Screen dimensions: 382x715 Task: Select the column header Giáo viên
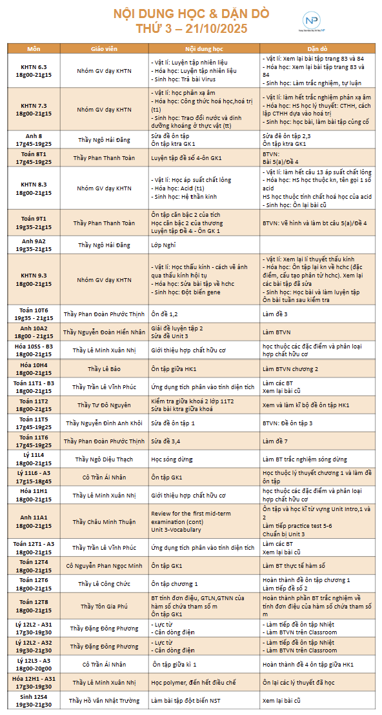(x=104, y=48)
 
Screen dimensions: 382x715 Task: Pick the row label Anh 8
(x=34, y=139)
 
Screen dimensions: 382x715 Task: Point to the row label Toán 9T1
(x=34, y=223)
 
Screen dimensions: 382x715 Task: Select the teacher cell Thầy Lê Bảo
(x=104, y=368)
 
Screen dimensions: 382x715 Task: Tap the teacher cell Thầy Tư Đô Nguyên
(x=104, y=405)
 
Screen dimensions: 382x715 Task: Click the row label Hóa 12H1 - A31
(x=34, y=682)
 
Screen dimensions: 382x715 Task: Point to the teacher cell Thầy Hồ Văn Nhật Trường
(x=104, y=700)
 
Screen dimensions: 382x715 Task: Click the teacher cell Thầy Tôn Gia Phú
(x=104, y=606)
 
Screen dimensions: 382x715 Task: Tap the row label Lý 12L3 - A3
(x=34, y=664)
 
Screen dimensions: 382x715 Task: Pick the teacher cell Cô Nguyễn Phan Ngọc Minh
(x=104, y=565)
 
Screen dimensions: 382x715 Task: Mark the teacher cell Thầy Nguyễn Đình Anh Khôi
(x=104, y=423)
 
